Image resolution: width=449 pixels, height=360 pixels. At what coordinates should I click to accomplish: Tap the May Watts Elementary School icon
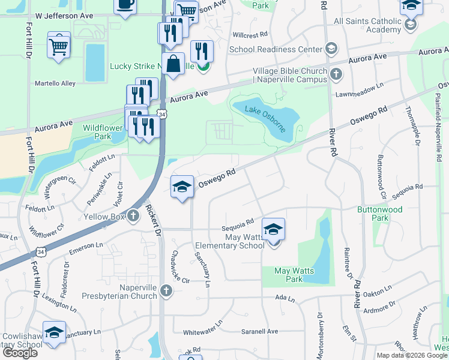[x=273, y=230]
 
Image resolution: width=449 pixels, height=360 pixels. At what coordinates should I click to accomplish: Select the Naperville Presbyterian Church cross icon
[x=166, y=291]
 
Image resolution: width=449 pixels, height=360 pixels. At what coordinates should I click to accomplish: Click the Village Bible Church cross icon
[x=336, y=75]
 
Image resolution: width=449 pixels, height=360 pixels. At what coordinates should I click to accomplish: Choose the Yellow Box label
[x=104, y=217]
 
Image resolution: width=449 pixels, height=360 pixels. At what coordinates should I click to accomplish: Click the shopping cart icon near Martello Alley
[x=59, y=46]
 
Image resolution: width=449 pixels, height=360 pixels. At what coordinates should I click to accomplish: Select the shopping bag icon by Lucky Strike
[x=173, y=64]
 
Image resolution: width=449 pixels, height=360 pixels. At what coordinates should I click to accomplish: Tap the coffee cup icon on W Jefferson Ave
[x=125, y=5]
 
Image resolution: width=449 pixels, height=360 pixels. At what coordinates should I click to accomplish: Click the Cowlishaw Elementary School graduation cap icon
[x=54, y=334]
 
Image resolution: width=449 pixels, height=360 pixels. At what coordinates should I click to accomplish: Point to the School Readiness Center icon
[x=331, y=48]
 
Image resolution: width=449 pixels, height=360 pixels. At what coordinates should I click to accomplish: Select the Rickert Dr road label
[x=152, y=220]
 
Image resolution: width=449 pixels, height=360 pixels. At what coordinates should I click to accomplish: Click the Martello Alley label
[x=55, y=83]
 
